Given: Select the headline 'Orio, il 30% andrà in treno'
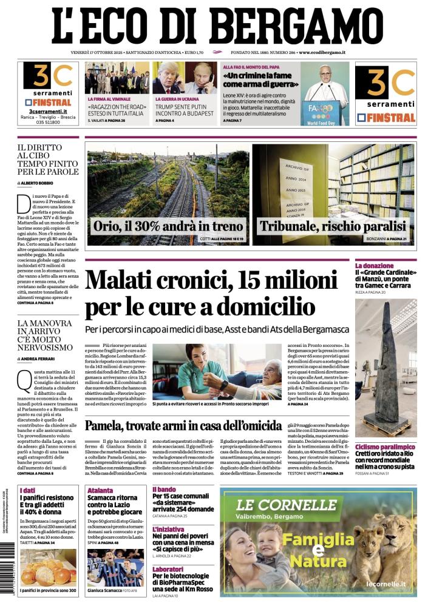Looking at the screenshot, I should (167, 226).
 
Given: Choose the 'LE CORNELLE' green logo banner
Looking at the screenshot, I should (278, 505).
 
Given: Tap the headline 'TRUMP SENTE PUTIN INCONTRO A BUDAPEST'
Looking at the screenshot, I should (185, 111).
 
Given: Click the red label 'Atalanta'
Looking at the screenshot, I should (100, 490).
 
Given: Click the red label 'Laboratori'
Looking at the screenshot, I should (168, 569).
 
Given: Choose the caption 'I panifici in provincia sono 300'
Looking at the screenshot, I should (48, 590).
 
